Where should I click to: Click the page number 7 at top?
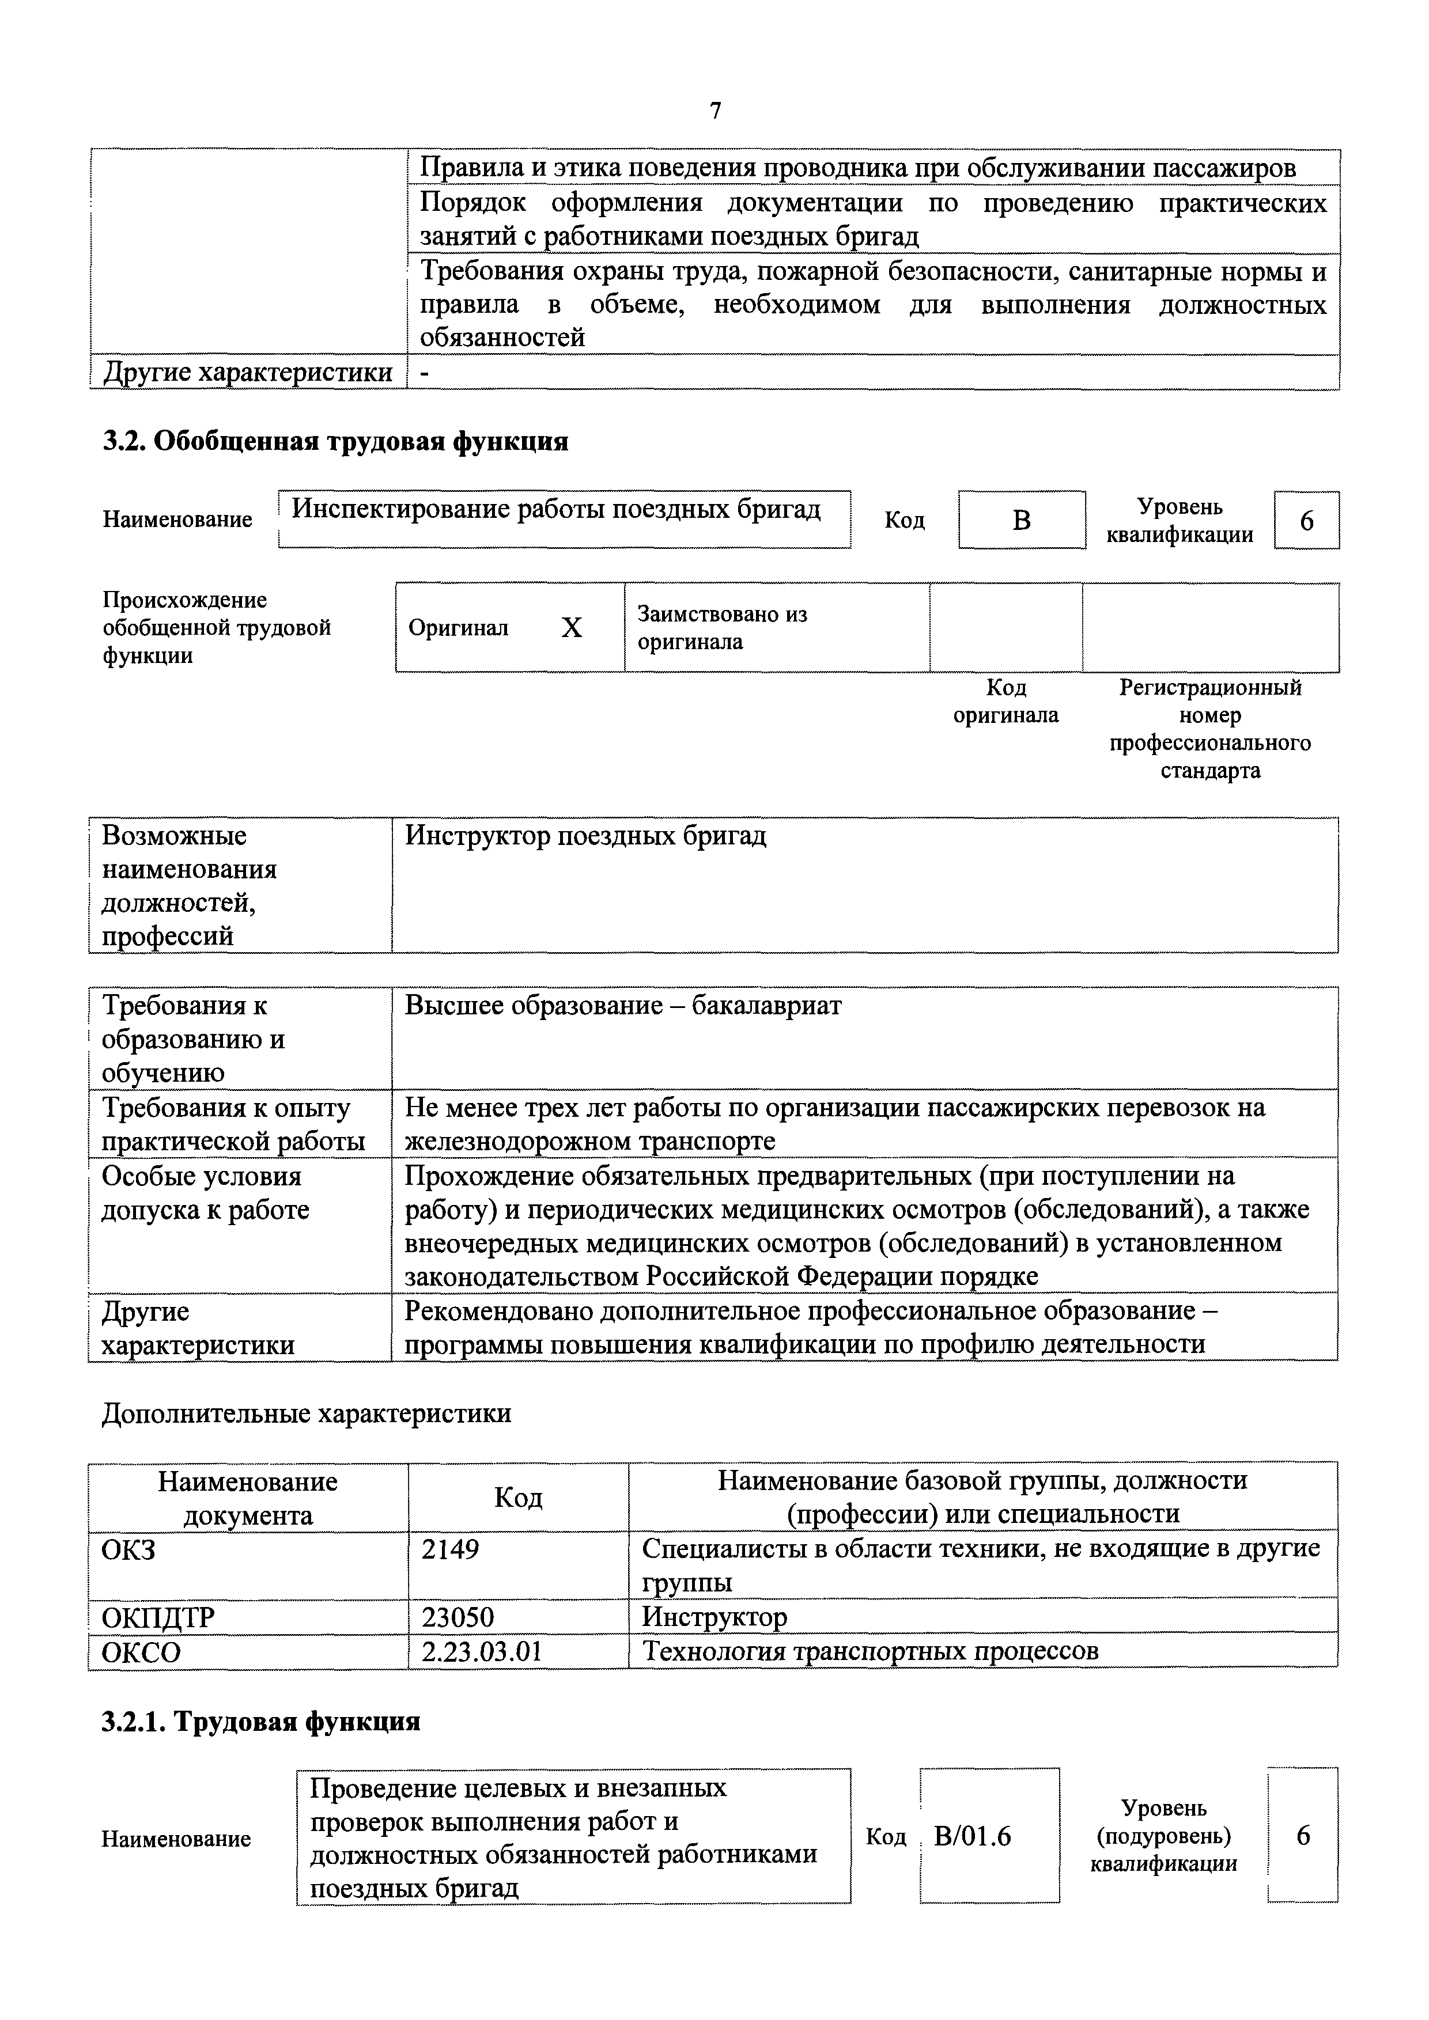716,111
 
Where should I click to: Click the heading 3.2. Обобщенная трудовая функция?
335,441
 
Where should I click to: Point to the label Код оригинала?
1005,701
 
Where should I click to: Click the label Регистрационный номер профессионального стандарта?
1210,729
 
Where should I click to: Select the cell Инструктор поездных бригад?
585,836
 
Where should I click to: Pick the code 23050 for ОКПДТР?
458,1617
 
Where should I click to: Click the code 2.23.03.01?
481,1651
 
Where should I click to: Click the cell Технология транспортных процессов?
870,1651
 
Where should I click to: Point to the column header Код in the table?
518,1498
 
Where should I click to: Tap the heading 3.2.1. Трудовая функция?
260,1722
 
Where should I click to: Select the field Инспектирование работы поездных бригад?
556,509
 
